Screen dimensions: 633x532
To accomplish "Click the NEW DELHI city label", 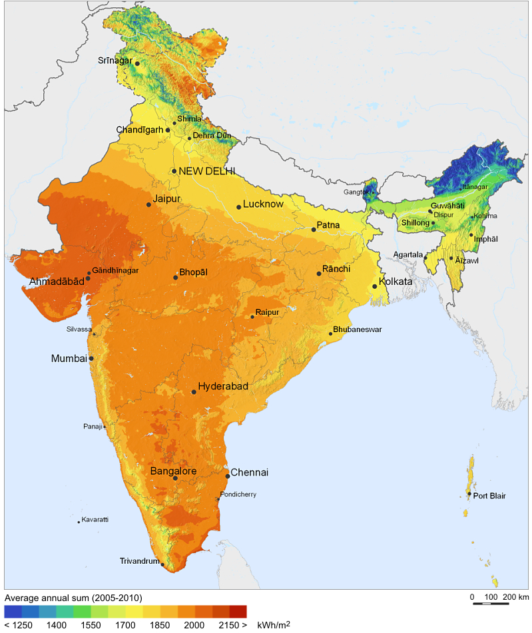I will point(207,171).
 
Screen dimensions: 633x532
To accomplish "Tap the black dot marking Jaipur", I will point(148,204).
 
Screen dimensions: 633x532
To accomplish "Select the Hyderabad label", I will point(223,387).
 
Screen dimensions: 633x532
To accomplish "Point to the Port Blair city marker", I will point(469,494).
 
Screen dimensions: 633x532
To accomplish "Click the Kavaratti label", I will point(95,519).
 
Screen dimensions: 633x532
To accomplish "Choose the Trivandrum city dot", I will point(162,564).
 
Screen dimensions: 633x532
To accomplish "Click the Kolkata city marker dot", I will point(375,286).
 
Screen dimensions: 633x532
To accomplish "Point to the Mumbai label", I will point(69,358).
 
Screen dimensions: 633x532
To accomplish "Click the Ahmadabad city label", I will point(57,282).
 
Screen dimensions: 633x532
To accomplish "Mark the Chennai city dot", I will point(228,476).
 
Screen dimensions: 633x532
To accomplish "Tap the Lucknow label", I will point(263,204).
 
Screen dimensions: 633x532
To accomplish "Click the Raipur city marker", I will point(252,317).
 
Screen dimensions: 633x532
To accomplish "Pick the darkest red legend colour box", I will point(238,611).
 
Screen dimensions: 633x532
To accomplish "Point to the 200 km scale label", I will point(515,596).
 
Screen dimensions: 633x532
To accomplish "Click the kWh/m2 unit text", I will point(273,625).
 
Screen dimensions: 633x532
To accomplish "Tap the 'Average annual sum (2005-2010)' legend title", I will point(73,597).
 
